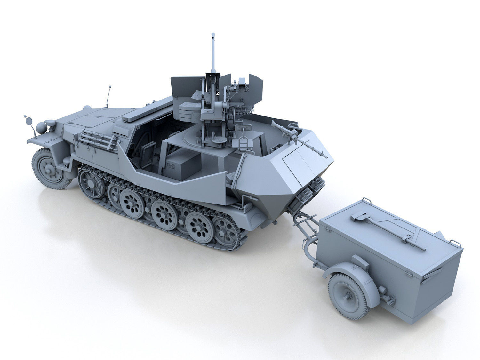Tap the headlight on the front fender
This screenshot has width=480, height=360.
point(42,128)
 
